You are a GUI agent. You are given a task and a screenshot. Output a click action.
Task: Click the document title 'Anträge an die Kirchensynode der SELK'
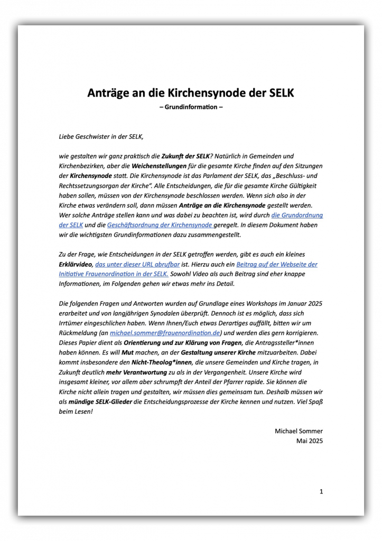pos(191,93)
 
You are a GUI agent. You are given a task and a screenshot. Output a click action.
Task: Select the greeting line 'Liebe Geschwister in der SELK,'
pos(101,136)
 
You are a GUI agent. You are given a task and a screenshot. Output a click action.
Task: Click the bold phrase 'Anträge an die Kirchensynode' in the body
pos(223,205)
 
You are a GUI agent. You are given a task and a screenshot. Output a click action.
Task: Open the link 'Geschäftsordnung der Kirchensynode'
pos(160,225)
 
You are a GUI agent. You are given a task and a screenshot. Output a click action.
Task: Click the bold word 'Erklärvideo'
pos(76,264)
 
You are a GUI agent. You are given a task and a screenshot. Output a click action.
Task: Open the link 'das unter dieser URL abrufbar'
pos(137,264)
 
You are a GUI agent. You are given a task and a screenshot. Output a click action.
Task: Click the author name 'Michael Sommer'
pos(299,431)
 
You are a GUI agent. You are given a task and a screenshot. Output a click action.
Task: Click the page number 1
pos(321,491)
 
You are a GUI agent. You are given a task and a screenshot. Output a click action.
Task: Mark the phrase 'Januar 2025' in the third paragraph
pos(304,303)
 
